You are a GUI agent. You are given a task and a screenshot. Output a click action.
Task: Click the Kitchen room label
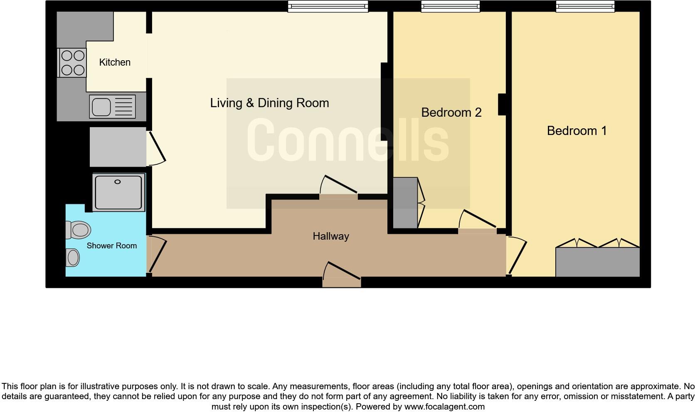(x=115, y=62)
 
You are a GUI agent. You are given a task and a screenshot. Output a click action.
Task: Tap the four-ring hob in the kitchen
(x=73, y=63)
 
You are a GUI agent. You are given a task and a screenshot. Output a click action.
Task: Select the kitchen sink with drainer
(x=112, y=107)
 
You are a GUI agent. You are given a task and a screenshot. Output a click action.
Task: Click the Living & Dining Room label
(x=269, y=103)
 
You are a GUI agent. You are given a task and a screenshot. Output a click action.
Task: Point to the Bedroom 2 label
(x=451, y=113)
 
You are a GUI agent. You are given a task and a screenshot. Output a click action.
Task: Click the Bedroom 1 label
(x=577, y=131)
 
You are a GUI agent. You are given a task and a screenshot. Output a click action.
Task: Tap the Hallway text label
(x=331, y=236)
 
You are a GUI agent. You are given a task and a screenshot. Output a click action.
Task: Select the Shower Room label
(x=111, y=246)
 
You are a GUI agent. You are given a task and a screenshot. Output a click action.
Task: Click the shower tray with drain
(x=118, y=192)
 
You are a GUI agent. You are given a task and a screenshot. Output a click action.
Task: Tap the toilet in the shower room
(x=79, y=230)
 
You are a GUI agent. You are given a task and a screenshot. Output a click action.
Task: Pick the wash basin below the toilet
(x=72, y=257)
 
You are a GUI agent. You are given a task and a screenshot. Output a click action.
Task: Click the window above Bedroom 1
(x=585, y=6)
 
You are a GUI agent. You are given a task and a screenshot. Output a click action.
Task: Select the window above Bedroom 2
(x=451, y=6)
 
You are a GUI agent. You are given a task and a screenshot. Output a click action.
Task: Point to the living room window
(x=328, y=6)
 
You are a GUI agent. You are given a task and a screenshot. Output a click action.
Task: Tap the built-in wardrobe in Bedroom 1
(x=597, y=262)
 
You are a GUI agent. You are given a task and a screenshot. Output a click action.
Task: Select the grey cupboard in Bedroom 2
(x=405, y=203)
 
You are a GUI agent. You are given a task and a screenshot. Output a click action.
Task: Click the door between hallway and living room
(x=339, y=189)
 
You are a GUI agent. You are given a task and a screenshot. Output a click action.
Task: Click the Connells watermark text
(x=348, y=140)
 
